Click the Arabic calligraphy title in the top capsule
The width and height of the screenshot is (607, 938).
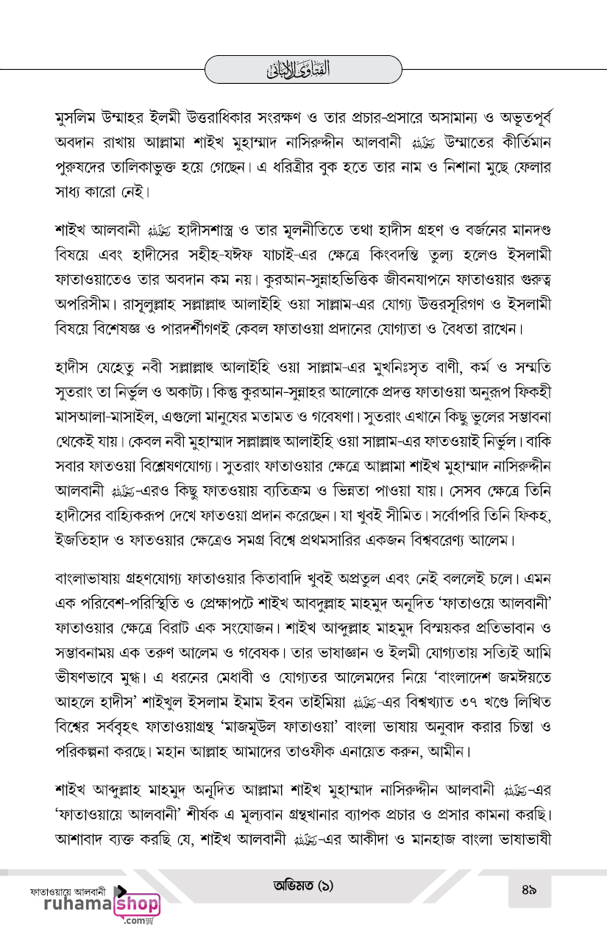click(x=303, y=71)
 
